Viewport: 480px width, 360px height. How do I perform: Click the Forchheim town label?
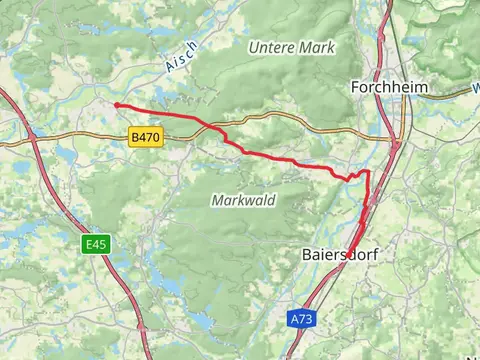[390, 87]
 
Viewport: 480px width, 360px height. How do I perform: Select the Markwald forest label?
[243, 200]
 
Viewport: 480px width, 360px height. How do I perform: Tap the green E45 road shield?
[96, 243]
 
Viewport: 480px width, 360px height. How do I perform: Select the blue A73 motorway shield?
[301, 319]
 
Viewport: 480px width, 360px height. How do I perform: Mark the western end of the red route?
[116, 104]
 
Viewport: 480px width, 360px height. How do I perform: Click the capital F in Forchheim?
[356, 87]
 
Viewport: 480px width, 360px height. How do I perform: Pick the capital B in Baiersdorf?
[307, 255]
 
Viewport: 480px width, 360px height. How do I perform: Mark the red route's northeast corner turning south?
[367, 172]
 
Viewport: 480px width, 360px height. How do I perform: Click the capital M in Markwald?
[217, 200]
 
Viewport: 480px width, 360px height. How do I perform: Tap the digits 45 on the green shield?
[100, 243]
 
